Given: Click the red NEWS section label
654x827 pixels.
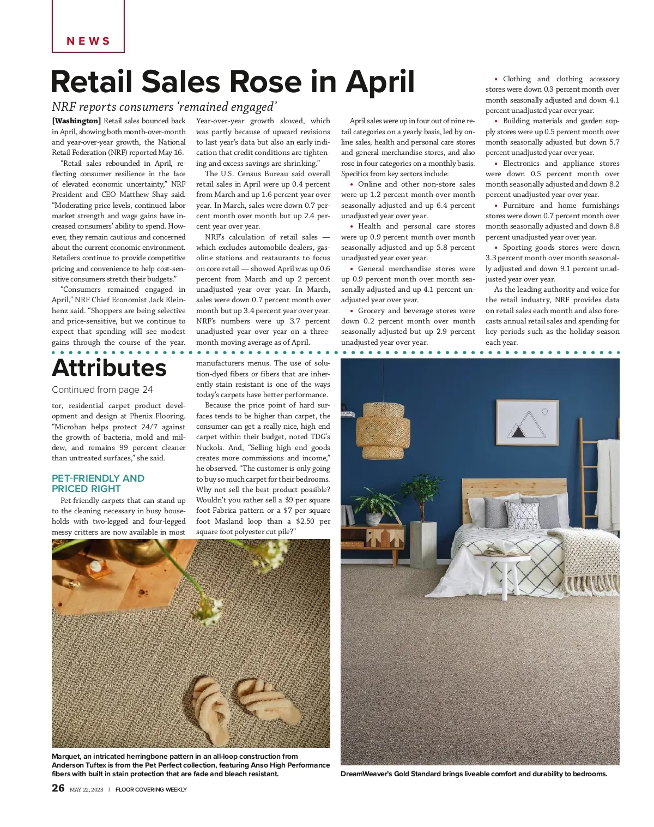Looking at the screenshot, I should [88, 41].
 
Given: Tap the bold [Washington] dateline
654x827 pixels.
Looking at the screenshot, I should [76, 121].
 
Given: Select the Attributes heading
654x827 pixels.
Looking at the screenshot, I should [109, 368].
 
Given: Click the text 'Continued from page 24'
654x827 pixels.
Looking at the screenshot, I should [102, 389].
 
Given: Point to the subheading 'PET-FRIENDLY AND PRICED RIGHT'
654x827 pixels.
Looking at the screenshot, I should [98, 483].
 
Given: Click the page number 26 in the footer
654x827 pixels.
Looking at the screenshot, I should [58, 788].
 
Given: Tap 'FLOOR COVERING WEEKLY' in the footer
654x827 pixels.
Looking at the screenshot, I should [151, 789].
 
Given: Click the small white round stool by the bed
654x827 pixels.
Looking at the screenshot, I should [495, 573].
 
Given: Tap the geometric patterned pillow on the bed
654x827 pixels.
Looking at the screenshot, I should [522, 514].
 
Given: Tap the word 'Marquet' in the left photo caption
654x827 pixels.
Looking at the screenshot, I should [65, 757].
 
